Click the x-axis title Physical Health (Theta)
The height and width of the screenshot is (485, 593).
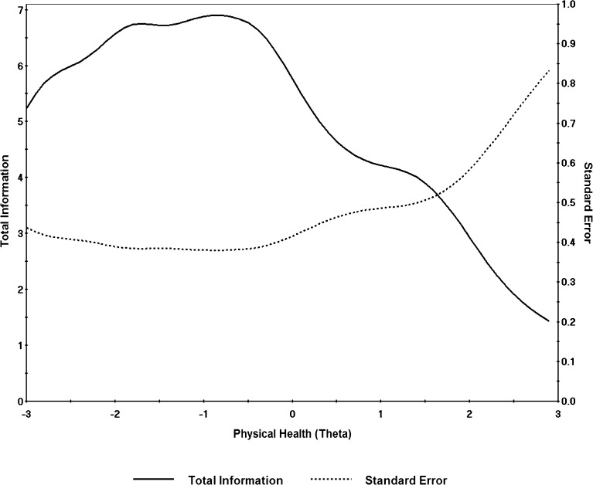(292, 434)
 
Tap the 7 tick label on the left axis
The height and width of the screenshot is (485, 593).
(19, 10)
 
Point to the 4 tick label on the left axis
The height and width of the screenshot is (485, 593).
(19, 178)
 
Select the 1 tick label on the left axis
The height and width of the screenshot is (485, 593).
(19, 345)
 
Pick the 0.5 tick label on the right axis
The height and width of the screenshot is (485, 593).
(568, 203)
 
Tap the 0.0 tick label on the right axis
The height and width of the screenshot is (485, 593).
(568, 402)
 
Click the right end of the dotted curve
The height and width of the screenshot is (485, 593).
(549, 70)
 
